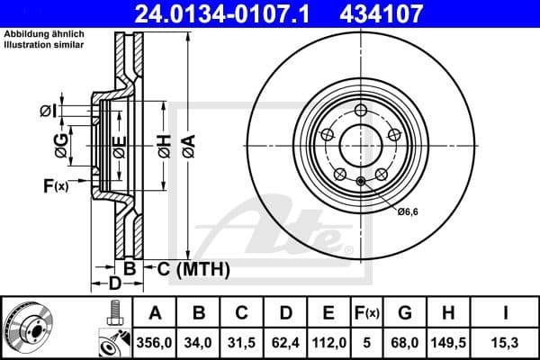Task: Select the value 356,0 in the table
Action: [155, 341]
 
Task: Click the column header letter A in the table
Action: [155, 313]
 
